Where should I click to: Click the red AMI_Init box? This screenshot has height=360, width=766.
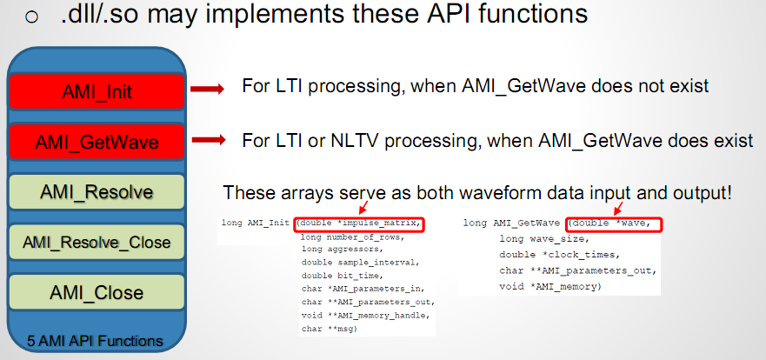(97, 91)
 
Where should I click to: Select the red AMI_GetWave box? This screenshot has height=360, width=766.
(97, 142)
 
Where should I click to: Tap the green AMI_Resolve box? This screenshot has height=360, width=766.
(97, 191)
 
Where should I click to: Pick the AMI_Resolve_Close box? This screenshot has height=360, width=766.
(97, 242)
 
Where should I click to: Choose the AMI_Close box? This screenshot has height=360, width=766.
(97, 292)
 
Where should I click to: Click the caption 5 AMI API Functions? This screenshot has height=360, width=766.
(96, 341)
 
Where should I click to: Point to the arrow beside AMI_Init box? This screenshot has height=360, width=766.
(207, 89)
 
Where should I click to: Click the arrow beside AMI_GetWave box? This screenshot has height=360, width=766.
(209, 140)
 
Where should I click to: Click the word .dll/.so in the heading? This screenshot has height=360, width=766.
(98, 14)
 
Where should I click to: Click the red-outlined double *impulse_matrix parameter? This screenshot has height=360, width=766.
(358, 224)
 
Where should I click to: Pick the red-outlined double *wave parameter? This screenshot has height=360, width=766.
(614, 224)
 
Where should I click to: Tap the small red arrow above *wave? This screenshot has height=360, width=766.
(619, 208)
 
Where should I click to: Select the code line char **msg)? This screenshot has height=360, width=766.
(330, 329)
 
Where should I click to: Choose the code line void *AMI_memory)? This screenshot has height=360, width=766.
(550, 287)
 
